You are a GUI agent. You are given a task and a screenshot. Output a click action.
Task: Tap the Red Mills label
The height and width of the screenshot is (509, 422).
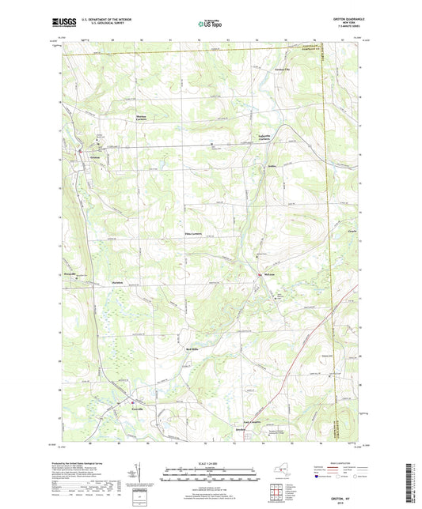(x=191, y=349)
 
